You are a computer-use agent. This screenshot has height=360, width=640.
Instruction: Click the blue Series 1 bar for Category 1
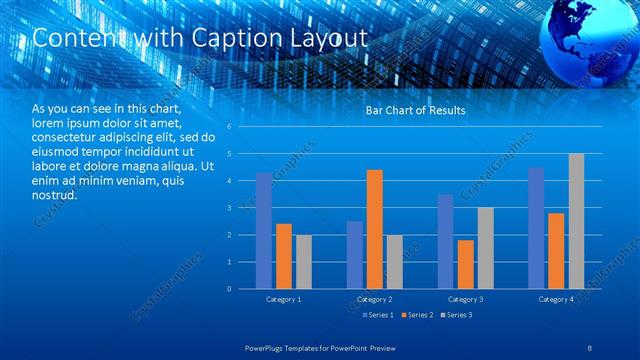pos(264,231)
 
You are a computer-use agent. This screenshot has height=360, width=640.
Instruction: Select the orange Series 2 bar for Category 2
pos(375,229)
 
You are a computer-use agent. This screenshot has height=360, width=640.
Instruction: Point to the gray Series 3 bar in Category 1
pos(303,262)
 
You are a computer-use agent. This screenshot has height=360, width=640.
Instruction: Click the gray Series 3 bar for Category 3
pos(485,248)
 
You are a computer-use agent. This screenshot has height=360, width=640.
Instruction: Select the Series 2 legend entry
pos(417,316)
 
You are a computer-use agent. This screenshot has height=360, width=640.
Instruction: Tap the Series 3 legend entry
pos(458,316)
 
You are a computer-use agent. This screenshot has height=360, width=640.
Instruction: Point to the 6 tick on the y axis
pos(230,127)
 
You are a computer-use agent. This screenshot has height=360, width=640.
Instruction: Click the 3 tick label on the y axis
pos(230,208)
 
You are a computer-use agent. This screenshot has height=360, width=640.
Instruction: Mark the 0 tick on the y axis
pos(230,289)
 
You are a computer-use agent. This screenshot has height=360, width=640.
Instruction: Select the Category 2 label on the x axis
pos(374,299)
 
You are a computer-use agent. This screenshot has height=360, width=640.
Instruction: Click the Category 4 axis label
pos(556,299)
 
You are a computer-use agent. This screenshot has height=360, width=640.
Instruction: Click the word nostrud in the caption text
pos(55,194)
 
